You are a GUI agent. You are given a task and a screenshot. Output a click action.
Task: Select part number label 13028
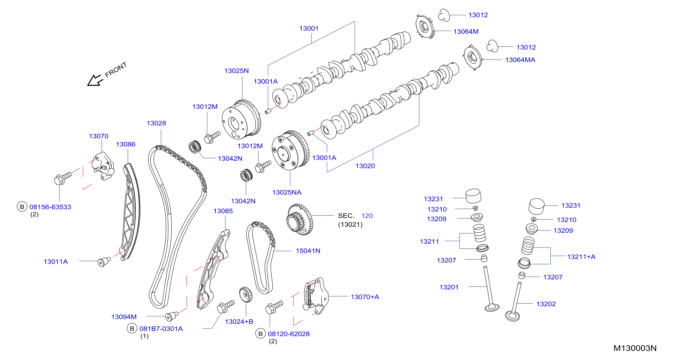(156, 123)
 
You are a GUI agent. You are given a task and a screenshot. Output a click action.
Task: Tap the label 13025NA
(287, 192)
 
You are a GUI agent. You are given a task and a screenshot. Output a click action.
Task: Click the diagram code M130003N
(635, 348)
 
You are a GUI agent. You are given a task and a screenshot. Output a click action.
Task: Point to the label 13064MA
(520, 60)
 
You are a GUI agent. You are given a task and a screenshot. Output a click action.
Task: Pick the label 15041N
(308, 251)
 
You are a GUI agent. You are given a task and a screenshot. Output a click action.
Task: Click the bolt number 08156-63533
(50, 207)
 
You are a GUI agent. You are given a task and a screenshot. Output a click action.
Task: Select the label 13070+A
(365, 297)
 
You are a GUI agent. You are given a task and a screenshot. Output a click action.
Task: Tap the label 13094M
(124, 317)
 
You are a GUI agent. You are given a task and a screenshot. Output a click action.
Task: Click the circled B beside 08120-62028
(260, 334)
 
